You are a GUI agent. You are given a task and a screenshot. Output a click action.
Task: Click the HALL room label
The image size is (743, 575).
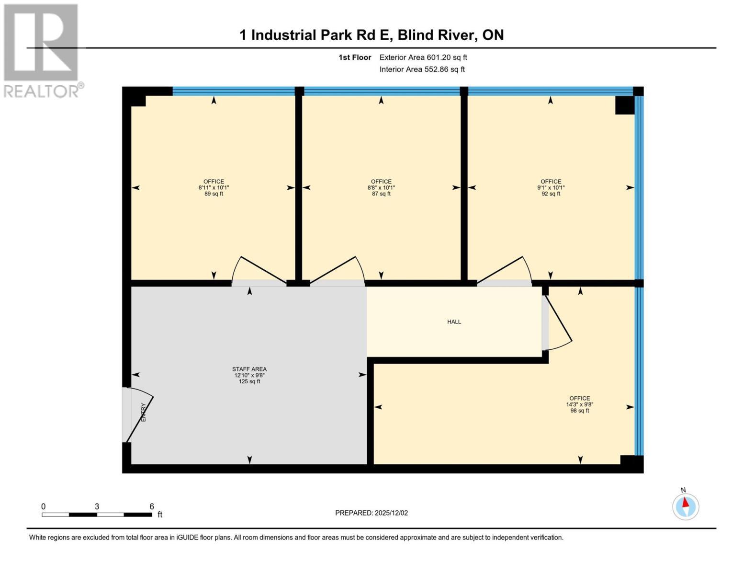click(454, 322)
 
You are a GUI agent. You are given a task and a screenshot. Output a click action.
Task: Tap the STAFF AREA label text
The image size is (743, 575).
click(249, 369)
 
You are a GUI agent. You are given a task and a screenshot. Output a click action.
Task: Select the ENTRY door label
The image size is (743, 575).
click(143, 412)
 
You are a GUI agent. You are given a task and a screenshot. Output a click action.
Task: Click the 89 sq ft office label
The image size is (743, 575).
click(214, 188)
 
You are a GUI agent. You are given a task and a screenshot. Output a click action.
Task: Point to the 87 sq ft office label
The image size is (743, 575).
click(381, 188)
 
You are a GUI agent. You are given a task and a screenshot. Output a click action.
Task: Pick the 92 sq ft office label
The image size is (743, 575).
click(551, 188)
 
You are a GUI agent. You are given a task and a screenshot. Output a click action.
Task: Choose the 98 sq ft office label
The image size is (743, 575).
click(579, 404)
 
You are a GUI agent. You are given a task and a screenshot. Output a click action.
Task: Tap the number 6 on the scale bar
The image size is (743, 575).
click(152, 506)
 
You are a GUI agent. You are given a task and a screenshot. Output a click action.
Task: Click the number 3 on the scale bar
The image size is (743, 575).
click(97, 506)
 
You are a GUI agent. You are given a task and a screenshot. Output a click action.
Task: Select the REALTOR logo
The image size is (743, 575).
click(42, 51)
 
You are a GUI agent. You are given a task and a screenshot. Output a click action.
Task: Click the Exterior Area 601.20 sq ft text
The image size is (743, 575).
click(423, 57)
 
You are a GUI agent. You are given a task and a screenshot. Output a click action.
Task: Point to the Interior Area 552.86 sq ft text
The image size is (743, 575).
click(422, 69)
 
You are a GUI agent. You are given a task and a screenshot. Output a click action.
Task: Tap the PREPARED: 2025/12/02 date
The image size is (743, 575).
click(371, 513)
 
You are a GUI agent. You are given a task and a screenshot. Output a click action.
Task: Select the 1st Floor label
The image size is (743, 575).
click(355, 57)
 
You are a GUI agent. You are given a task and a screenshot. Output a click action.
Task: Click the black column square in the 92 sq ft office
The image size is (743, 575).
click(624, 105)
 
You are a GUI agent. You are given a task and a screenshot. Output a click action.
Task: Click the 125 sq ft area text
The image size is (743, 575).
click(249, 381)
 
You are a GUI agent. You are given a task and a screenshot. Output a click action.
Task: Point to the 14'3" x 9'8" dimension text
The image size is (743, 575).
click(579, 404)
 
